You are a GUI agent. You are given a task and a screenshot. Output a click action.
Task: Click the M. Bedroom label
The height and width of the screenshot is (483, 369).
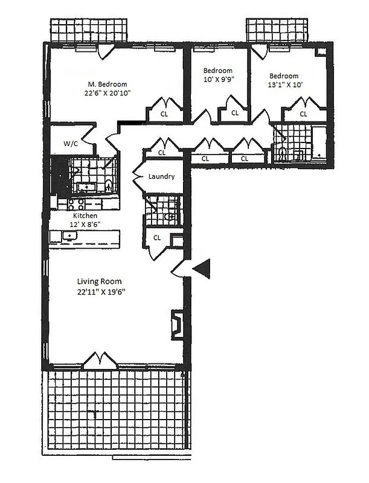tap(107, 85)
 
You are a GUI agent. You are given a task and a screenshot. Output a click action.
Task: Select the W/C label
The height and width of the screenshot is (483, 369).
tap(70, 144)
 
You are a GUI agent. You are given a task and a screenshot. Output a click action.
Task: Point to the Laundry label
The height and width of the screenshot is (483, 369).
tap(162, 177)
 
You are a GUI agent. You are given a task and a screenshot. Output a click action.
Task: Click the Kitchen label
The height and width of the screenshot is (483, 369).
tap(85, 216)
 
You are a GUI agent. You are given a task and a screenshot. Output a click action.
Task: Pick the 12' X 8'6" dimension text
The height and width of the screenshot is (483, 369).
tap(85, 224)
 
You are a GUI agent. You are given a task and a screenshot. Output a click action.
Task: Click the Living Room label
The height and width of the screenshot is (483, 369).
tap(100, 281)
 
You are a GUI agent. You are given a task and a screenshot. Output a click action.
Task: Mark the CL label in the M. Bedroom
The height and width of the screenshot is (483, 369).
tap(164, 113)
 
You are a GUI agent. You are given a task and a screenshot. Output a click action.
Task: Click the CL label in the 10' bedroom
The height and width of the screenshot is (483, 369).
tap(235, 113)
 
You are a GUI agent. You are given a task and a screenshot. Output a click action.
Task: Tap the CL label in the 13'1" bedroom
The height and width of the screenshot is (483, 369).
tap(303, 113)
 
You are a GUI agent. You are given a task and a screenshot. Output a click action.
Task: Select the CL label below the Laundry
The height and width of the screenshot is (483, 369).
tap(157, 237)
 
